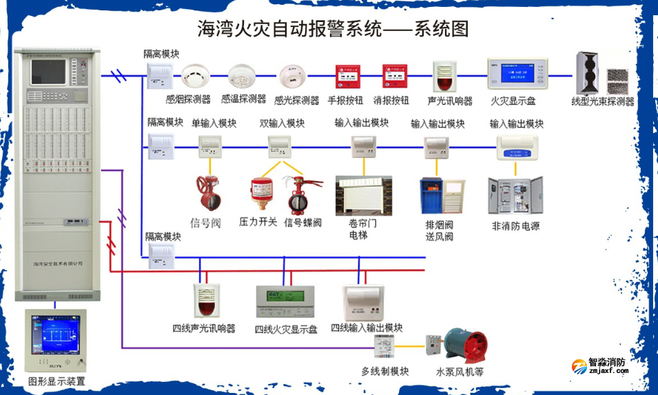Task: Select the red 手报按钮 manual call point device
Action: [x=347, y=77]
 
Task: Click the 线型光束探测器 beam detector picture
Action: [x=603, y=73]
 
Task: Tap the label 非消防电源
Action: [x=515, y=225]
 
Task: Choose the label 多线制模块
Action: [x=384, y=372]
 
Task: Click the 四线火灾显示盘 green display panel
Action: [x=285, y=301]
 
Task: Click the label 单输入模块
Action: [x=214, y=123]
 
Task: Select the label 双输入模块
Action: [x=282, y=123]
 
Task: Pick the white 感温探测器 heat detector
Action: [x=241, y=76]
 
